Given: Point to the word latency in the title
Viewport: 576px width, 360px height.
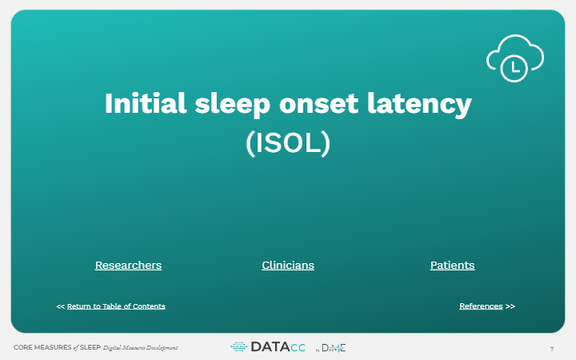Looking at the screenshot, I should (x=421, y=104).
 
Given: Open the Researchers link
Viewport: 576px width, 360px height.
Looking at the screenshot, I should (x=128, y=265).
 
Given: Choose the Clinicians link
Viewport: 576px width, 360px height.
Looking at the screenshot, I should (x=288, y=265).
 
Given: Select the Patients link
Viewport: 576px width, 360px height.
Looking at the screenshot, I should (x=452, y=265).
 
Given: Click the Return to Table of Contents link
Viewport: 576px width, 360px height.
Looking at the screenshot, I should (x=116, y=306).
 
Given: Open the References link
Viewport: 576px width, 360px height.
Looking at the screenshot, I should (x=481, y=306).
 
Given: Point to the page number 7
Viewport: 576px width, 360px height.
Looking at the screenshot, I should (x=552, y=348).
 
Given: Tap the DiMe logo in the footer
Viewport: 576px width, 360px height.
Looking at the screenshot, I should (x=334, y=348).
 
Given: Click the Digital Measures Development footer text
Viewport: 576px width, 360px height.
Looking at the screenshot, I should (x=140, y=348).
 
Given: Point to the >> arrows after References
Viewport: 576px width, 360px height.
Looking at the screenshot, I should (x=510, y=306).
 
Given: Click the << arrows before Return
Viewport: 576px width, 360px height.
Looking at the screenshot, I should (x=60, y=306).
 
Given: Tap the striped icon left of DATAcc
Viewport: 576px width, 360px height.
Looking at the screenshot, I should (x=239, y=347).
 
